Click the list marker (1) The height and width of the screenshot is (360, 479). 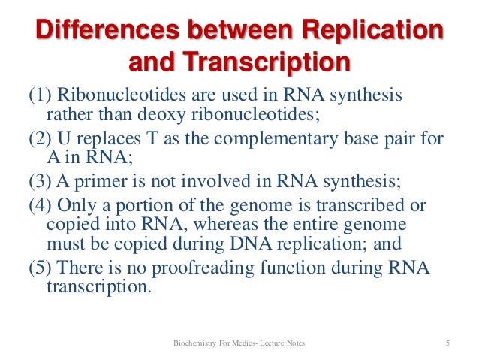click(x=41, y=97)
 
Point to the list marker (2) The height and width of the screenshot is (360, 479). click(x=41, y=144)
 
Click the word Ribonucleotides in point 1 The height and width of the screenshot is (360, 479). click(x=113, y=97)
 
